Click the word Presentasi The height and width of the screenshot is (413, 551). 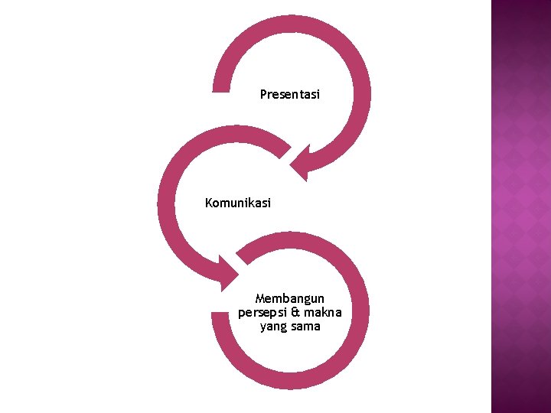point(289,95)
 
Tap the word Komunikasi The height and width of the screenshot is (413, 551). point(237,203)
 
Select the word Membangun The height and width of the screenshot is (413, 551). point(290,298)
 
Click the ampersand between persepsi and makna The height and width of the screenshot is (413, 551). point(295,312)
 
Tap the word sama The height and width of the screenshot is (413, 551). point(305,327)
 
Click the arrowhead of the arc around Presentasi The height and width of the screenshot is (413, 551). point(301,164)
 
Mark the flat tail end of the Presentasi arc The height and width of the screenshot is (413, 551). point(220,87)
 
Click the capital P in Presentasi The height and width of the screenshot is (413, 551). point(263,95)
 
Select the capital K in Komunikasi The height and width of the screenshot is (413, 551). point(209,203)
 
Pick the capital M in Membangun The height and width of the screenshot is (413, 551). point(260,298)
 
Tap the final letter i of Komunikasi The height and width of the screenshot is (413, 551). point(269,203)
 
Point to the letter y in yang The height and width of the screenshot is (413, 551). point(262,328)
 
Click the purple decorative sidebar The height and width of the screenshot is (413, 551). point(520,206)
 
